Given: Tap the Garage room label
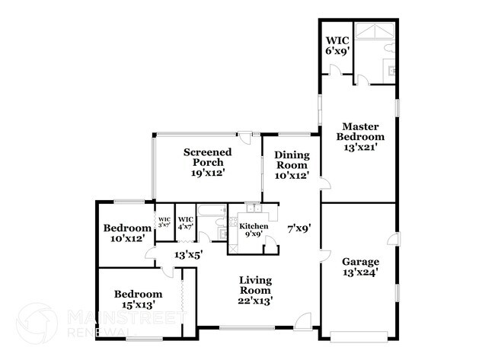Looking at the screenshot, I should click(x=361, y=266).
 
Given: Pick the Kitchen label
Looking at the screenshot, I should click(x=253, y=231).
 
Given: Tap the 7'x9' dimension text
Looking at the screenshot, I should click(x=298, y=226).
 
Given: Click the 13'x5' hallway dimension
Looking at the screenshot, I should click(x=188, y=255).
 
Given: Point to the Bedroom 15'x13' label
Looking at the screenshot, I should click(x=138, y=299).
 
